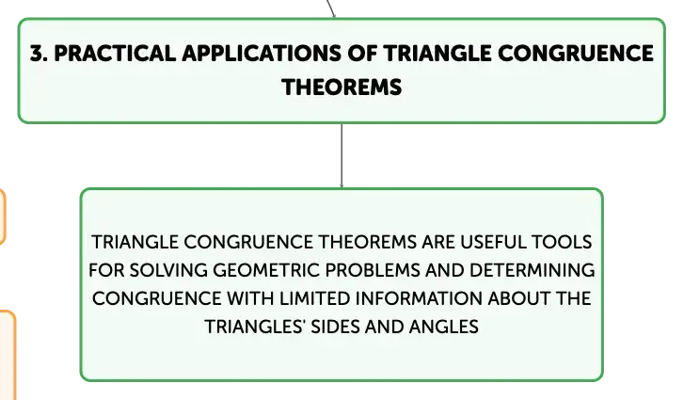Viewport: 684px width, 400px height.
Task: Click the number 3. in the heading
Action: [39, 54]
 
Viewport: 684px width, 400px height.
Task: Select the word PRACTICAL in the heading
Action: [115, 54]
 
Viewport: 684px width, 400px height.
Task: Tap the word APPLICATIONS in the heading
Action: [262, 54]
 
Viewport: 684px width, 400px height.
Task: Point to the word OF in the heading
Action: [362, 54]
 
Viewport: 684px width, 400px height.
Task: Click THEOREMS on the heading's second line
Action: [342, 87]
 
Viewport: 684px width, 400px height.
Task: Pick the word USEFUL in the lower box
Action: [493, 242]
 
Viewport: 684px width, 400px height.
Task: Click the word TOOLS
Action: [562, 242]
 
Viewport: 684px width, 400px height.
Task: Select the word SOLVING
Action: [168, 270]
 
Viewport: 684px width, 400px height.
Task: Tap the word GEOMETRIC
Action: [266, 270]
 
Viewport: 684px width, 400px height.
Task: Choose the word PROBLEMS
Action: [373, 270]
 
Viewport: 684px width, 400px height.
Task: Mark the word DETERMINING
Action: [533, 270]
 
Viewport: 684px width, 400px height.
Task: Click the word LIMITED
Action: [315, 298]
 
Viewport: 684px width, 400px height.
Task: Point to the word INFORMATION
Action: [419, 298]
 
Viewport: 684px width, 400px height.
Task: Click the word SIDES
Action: [335, 327]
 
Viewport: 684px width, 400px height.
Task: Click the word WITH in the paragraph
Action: [250, 298]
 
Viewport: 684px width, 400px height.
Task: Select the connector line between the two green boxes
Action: [342, 155]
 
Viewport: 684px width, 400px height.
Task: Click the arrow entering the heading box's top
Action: [330, 8]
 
